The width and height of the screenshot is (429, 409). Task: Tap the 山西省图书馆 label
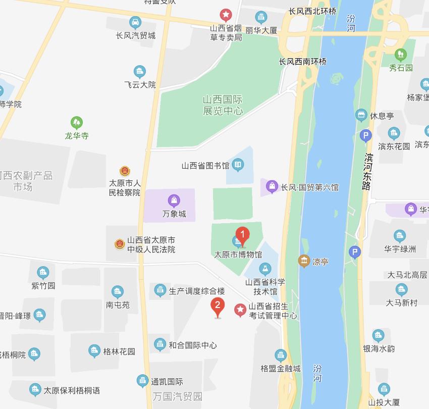click(205, 165)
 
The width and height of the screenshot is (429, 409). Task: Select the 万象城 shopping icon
click(174, 200)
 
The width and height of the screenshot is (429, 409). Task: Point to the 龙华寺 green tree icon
click(77, 123)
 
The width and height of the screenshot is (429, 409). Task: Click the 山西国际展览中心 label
click(223, 106)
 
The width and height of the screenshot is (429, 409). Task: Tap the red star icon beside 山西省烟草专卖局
click(226, 15)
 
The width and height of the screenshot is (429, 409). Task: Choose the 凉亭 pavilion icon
click(304, 261)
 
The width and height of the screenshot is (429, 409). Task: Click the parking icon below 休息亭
click(365, 135)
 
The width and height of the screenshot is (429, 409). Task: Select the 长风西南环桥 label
click(303, 62)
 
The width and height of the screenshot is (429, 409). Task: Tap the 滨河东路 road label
click(367, 172)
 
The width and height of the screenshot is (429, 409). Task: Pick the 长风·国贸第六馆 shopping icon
click(272, 187)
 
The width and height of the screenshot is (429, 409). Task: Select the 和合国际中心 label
click(193, 345)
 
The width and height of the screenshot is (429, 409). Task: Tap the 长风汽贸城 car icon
click(135, 22)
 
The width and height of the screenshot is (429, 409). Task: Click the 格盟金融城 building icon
click(281, 355)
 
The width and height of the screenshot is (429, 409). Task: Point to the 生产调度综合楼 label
click(197, 291)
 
